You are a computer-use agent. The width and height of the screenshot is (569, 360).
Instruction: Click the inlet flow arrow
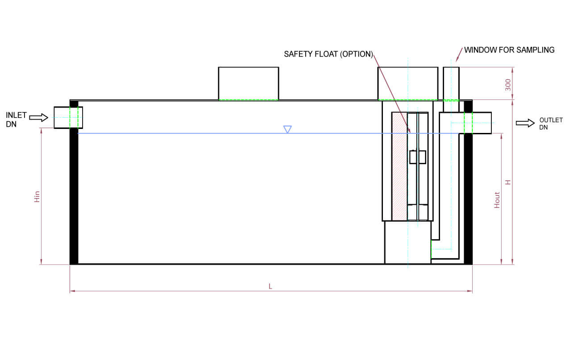point(38,118)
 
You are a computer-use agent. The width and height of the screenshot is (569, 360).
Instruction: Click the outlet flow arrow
point(525,123)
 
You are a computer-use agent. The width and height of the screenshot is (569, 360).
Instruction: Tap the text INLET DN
point(16,120)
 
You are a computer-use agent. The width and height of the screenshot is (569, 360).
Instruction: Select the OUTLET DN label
point(548,124)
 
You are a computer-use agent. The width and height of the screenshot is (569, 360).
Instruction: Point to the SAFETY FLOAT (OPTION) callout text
point(328,54)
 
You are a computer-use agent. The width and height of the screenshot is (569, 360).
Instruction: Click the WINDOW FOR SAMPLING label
point(509,50)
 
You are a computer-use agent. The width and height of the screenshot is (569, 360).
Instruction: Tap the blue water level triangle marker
point(288,129)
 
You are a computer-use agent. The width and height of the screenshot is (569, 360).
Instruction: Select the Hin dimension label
point(37,197)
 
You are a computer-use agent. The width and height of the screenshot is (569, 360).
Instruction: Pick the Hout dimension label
point(497,200)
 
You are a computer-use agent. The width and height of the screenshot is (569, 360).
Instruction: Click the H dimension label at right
point(507,182)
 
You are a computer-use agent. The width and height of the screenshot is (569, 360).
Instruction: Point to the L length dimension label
point(270,286)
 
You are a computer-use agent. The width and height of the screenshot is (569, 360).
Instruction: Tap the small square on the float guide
point(418,157)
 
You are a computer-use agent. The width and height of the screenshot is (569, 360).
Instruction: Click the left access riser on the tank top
point(248,83)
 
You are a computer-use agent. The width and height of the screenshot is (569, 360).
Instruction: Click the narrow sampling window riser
point(451,83)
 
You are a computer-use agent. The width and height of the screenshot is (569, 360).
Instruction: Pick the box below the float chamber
point(407,242)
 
